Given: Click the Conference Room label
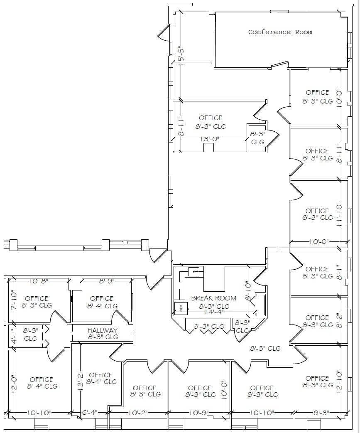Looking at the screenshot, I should click(x=280, y=32).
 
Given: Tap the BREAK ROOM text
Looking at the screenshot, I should click(x=213, y=298).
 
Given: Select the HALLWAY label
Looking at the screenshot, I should click(x=103, y=330).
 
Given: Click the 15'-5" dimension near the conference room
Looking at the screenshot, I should click(x=181, y=54).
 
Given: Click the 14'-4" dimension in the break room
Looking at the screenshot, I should click(x=214, y=312).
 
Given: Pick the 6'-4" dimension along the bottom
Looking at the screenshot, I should click(x=89, y=413).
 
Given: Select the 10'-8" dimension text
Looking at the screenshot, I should click(x=39, y=281).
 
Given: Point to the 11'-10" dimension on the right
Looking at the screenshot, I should click(x=339, y=214).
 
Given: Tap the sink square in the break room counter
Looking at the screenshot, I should click(x=194, y=272).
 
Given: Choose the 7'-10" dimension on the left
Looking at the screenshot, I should click(x=13, y=300).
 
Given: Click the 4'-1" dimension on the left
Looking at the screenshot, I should click(x=13, y=336).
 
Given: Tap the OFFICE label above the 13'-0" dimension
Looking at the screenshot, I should click(x=211, y=118).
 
